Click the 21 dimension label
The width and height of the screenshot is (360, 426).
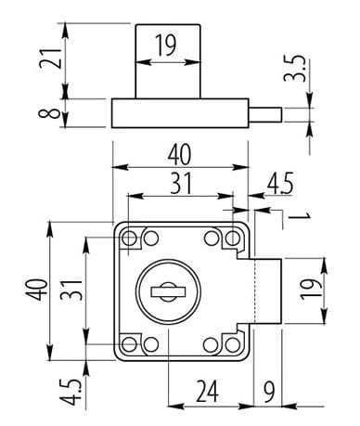click(x=51, y=58)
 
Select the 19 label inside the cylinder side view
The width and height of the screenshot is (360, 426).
click(x=166, y=45)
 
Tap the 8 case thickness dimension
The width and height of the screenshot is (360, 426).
click(x=48, y=113)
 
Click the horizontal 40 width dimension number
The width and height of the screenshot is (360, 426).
click(x=180, y=154)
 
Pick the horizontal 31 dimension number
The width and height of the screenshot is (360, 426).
click(x=181, y=183)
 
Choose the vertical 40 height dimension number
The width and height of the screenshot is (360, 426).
click(x=37, y=290)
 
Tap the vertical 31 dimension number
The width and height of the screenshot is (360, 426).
click(x=71, y=290)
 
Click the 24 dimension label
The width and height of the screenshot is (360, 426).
click(x=208, y=391)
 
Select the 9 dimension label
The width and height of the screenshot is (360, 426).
click(x=269, y=392)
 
